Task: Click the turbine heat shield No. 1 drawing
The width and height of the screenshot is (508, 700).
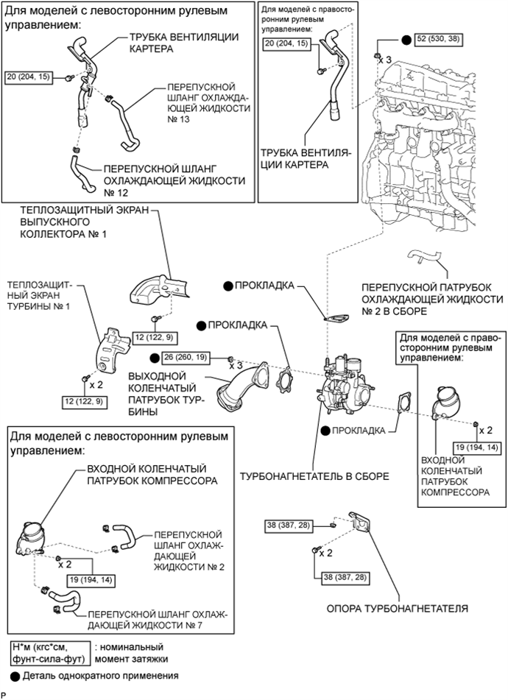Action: (112, 350)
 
